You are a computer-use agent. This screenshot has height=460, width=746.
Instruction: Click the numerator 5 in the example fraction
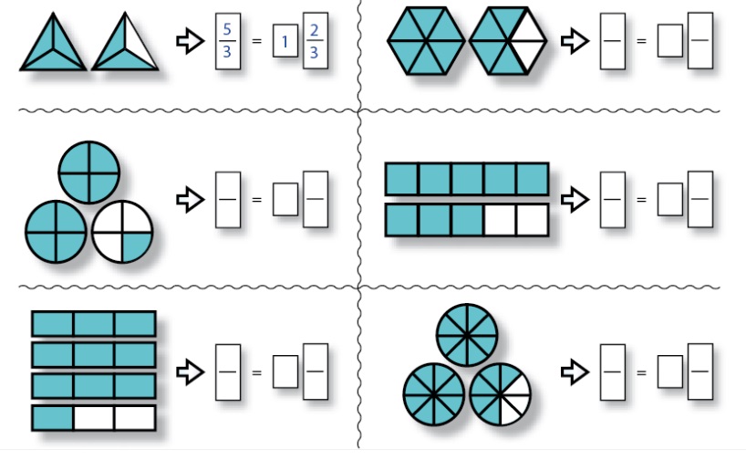pyautogui.click(x=227, y=30)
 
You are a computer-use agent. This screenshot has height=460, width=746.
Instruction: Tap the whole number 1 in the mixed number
pyautogui.click(x=285, y=43)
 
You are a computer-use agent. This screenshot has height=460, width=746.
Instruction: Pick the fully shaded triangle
pyautogui.click(x=53, y=46)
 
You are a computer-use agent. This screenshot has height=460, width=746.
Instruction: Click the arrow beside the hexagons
pyautogui.click(x=573, y=41)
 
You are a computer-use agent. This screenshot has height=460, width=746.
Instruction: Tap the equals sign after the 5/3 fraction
pyautogui.click(x=255, y=42)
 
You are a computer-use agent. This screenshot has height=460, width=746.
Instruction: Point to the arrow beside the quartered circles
pyautogui.click(x=188, y=199)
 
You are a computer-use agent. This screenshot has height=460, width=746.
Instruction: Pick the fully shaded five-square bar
pyautogui.click(x=466, y=179)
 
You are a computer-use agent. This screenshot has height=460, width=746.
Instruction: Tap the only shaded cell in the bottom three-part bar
pyautogui.click(x=52, y=418)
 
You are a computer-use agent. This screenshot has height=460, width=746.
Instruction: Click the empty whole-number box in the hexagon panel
pyautogui.click(x=670, y=43)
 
